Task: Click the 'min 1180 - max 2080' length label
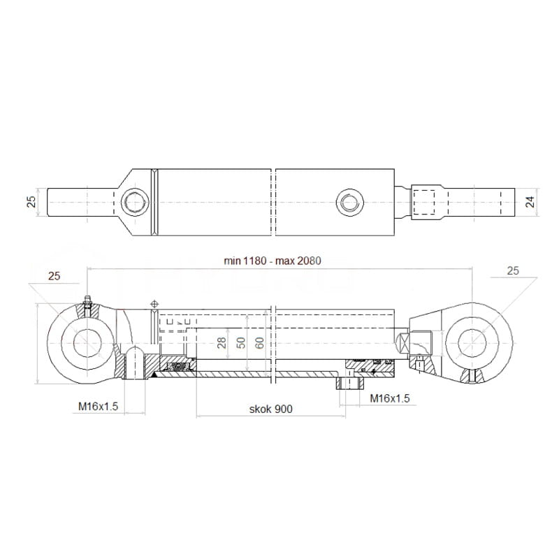273,261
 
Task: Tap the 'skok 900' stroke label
270,409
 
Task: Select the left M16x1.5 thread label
98,406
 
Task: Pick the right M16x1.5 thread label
390,398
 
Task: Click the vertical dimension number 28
222,342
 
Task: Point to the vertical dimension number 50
241,342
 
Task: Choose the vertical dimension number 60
260,342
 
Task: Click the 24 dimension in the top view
530,202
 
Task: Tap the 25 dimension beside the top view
31,202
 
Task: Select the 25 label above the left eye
55,276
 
